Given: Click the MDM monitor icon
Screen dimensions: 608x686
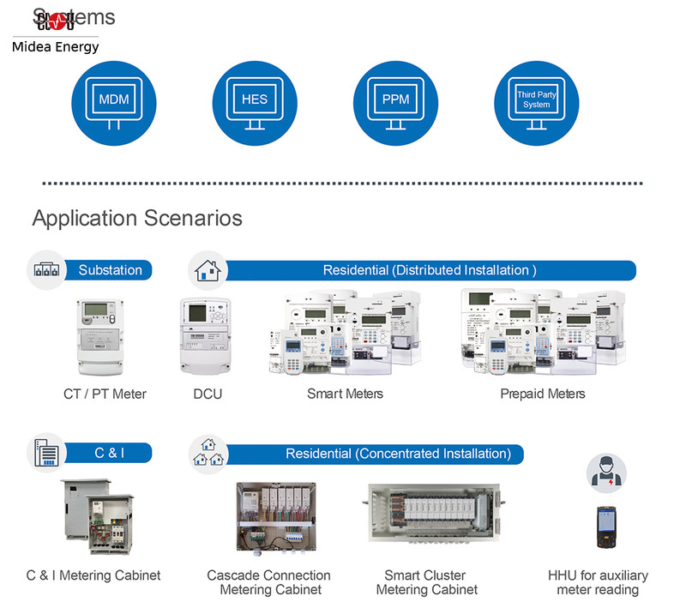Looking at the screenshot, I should [x=114, y=101].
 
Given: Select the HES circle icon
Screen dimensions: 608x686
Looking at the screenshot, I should [x=255, y=101].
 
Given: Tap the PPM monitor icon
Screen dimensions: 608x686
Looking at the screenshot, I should [x=395, y=101].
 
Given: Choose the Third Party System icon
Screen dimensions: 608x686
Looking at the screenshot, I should [x=537, y=101].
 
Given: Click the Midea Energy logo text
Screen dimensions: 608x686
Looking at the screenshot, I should [x=56, y=47].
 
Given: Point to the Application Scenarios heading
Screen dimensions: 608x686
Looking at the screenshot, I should [x=137, y=218].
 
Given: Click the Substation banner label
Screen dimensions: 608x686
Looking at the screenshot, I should [x=111, y=270].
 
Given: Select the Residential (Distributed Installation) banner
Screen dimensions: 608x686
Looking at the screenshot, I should [x=429, y=270].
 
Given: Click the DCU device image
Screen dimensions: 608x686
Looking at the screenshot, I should [x=203, y=336].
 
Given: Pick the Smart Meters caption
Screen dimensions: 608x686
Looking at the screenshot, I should [x=345, y=394].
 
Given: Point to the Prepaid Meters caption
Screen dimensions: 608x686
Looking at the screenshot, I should [x=543, y=394].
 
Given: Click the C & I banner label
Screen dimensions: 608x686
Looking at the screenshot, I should [x=110, y=453].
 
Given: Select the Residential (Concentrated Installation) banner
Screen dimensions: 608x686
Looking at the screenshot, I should [x=398, y=453].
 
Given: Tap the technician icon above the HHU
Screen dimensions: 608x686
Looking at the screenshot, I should [x=606, y=473].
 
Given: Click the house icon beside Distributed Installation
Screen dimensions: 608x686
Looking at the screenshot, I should [x=208, y=270].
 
